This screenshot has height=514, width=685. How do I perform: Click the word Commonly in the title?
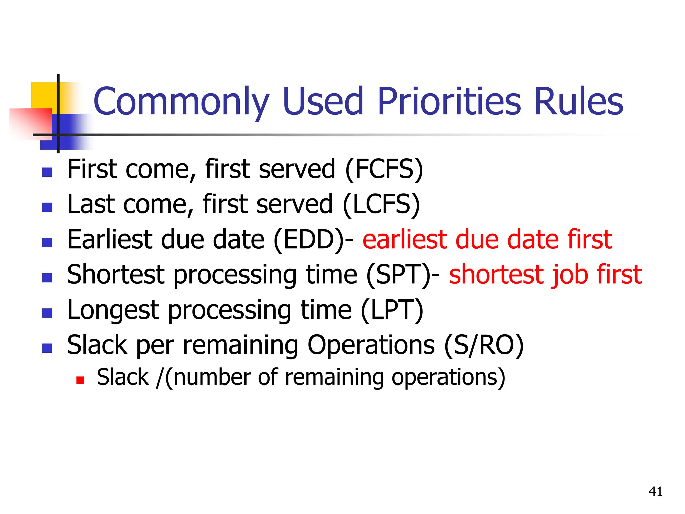pos(181,101)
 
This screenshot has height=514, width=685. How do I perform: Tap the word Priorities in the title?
pos(449,101)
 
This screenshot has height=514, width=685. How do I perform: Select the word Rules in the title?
pos(579,101)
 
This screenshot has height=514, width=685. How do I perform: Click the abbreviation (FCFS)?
pos(384,169)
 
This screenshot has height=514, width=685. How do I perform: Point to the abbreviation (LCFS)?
pos(381,204)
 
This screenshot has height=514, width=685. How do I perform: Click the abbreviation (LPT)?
pos(392,310)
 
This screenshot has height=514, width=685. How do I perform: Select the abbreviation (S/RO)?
pos(484,345)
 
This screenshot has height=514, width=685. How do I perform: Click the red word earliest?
pos(405,240)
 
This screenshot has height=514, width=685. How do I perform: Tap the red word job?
pos(569,275)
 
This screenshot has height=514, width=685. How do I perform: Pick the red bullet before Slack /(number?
pos(80,380)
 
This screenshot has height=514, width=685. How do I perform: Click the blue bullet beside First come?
pos(47,172)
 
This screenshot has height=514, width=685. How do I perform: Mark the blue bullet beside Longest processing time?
pos(47,313)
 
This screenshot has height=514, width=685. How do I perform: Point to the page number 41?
pos(655,492)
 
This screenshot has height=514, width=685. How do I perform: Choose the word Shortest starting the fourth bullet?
pos(116,275)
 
